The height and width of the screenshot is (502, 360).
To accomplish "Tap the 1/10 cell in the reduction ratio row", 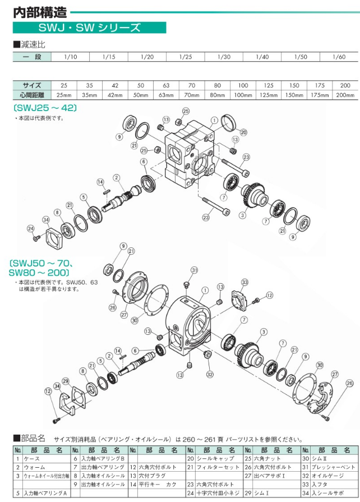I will (x=70, y=57).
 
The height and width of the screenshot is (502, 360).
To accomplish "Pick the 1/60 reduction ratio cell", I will (x=339, y=57).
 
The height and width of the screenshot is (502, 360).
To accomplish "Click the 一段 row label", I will (x=31, y=57).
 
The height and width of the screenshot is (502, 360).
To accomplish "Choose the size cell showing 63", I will (x=166, y=85).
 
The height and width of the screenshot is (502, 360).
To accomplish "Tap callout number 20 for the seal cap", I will (x=243, y=132).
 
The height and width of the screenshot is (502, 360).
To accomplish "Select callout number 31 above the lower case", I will (x=195, y=270).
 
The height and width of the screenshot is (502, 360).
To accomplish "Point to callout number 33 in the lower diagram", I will (x=244, y=282).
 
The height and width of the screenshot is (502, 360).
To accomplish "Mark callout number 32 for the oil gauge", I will (x=210, y=374).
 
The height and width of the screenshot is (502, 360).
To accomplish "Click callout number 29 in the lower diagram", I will (x=65, y=381).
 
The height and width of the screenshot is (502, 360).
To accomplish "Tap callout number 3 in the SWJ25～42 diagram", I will (x=242, y=215).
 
